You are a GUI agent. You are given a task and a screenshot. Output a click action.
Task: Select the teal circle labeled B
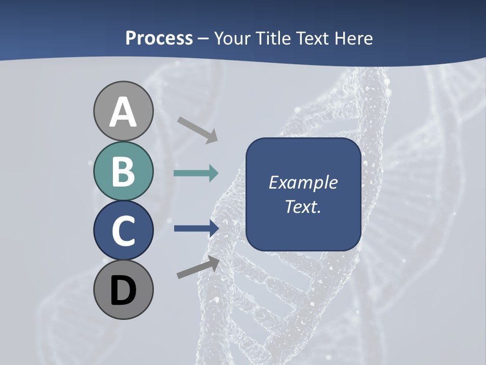123,171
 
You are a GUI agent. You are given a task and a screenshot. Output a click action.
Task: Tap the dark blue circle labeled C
123,230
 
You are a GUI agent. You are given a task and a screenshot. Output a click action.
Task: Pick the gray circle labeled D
123,289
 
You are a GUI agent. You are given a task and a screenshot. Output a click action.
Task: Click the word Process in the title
159,39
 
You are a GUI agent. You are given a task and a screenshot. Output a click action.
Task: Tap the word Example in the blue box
303,182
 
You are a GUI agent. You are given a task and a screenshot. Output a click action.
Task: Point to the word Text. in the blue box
303,207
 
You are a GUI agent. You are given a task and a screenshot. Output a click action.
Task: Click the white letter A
123,113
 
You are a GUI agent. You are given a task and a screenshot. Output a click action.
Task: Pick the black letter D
123,291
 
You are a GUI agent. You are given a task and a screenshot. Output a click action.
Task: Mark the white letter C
123,231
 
